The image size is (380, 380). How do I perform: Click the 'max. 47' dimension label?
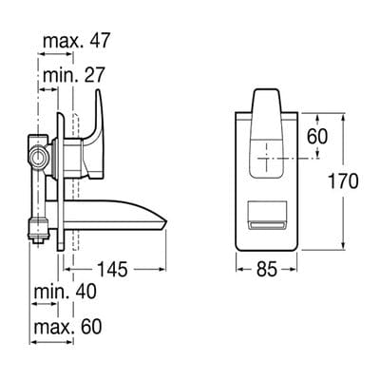76,41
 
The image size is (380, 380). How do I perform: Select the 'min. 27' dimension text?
72,73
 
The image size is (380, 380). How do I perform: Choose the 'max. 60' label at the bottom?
68,326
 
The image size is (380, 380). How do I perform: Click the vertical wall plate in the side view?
63,180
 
